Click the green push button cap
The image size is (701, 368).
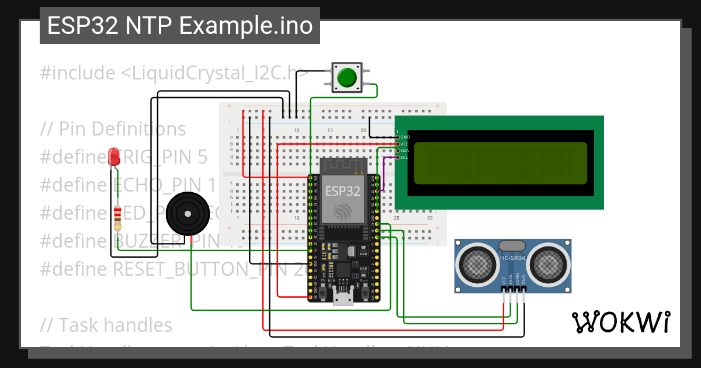coord(347,77)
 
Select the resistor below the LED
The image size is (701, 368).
coord(117,217)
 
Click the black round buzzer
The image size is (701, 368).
coord(187,214)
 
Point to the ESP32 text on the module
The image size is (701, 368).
coord(342,190)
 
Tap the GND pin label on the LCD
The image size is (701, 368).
coord(405,137)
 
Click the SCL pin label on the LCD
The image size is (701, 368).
coord(405,157)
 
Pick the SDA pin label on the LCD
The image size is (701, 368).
coord(405,150)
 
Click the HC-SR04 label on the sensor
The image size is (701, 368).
coord(513,258)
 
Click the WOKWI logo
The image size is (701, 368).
coord(620,322)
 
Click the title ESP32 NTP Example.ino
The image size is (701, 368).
coord(180,26)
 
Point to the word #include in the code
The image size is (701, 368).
coord(78,73)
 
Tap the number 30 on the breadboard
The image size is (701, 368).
coord(430,218)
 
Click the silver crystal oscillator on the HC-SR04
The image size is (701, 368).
coord(512,245)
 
